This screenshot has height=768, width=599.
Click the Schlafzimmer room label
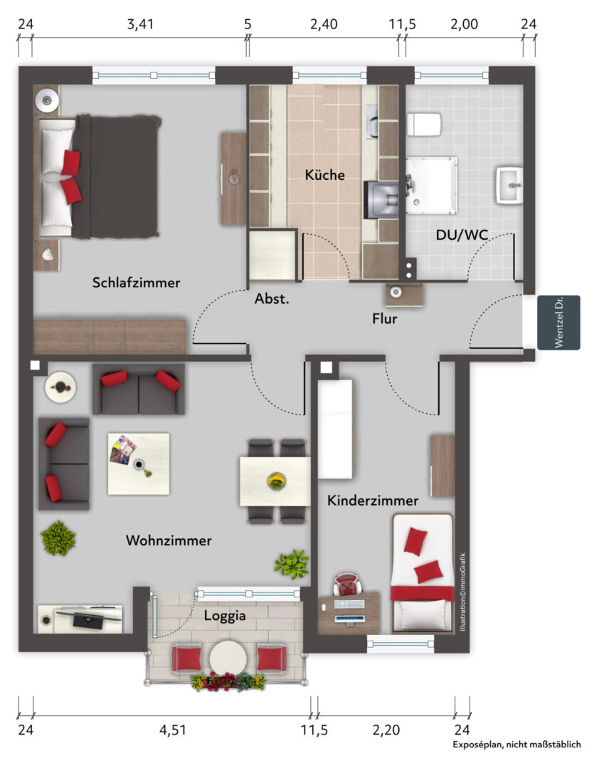137,282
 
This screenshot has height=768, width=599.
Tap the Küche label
324,174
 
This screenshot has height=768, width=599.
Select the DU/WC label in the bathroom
462,235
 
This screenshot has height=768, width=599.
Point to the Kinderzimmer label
373,501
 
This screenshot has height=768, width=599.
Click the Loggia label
225,616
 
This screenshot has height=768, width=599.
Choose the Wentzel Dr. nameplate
558,322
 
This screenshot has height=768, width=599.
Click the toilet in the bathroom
424,124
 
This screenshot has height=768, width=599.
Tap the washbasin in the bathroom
510,186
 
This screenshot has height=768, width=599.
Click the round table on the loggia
228,658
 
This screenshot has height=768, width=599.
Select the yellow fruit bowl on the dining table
277,481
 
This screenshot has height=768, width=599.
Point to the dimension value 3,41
140,24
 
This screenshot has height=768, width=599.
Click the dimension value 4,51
173,730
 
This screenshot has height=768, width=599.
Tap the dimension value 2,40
324,24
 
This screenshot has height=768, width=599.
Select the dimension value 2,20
386,730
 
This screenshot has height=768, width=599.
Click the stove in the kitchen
381,200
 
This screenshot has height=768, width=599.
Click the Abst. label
272,299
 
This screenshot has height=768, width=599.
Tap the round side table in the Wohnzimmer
60,388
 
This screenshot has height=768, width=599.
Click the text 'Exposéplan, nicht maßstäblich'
516,745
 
